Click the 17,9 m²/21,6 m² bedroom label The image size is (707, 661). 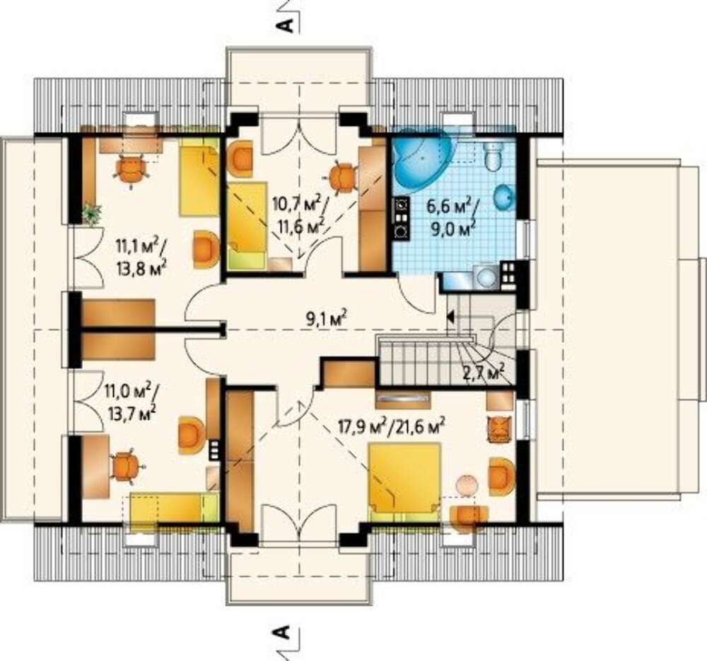(392, 425)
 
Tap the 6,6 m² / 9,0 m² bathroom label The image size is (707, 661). (452, 217)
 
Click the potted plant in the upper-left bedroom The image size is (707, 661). (92, 213)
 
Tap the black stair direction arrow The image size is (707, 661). (450, 317)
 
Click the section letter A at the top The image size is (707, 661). (285, 25)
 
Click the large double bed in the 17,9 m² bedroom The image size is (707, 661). (404, 479)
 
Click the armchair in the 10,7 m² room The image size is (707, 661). (240, 159)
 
